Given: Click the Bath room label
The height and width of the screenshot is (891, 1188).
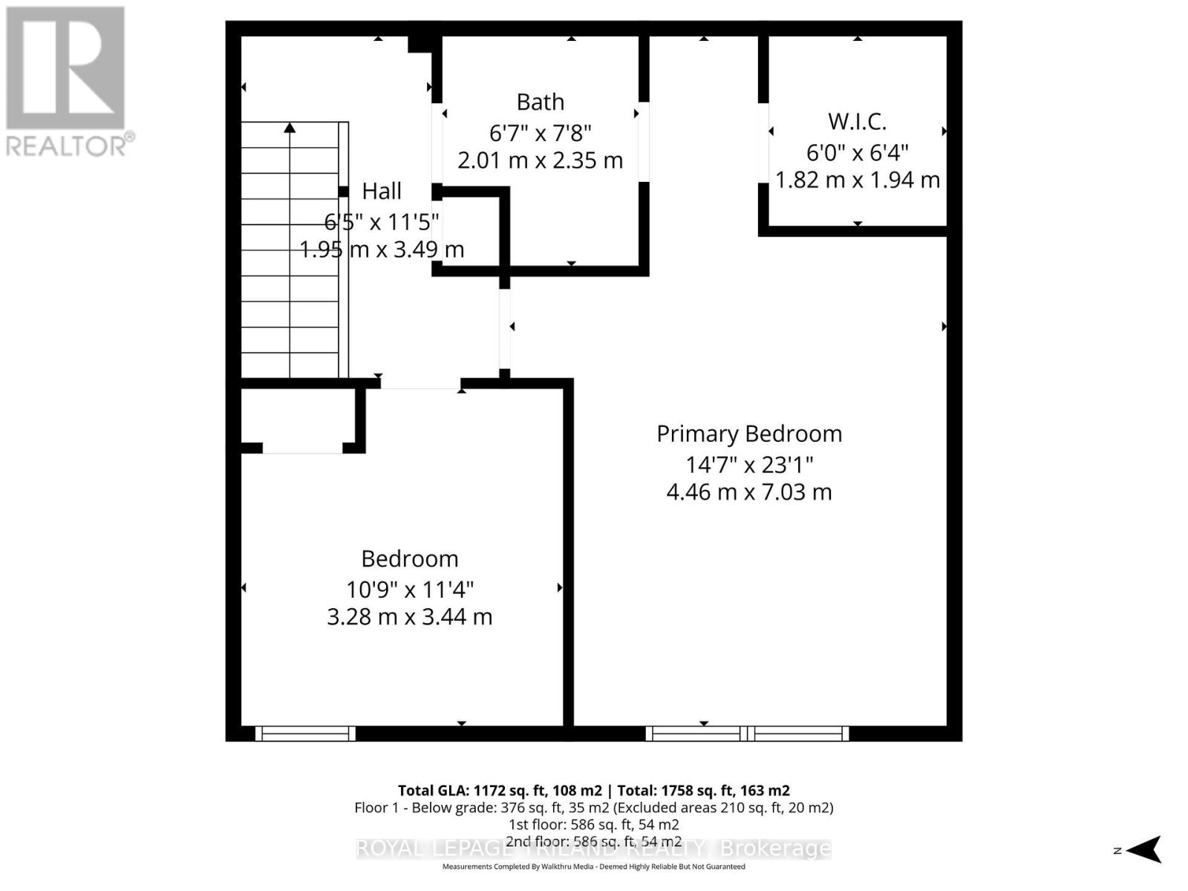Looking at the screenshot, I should click(x=540, y=102).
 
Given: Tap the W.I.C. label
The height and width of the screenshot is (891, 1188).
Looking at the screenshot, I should click(x=857, y=121).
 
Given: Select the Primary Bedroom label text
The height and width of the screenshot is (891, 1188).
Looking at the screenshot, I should click(x=749, y=434).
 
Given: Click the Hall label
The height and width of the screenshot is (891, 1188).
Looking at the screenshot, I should click(x=382, y=191).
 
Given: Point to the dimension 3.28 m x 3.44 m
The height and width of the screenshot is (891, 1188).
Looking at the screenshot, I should click(x=409, y=617).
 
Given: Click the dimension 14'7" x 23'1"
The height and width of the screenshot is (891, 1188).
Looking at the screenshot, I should click(x=749, y=465).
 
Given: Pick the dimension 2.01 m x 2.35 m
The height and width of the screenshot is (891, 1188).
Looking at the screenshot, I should click(x=540, y=160).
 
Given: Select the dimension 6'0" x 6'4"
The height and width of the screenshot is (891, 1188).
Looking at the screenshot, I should click(x=857, y=152).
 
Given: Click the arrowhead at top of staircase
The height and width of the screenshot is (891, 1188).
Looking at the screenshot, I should click(x=290, y=128).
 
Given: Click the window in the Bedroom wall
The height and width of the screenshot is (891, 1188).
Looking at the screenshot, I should click(x=305, y=734).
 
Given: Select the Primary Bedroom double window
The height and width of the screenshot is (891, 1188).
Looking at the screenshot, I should click(x=747, y=734).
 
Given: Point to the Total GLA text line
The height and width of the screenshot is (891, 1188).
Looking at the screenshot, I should click(x=593, y=791).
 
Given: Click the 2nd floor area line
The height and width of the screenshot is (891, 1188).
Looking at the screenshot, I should click(x=593, y=841).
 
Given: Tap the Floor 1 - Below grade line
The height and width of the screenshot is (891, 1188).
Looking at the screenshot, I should click(x=593, y=808).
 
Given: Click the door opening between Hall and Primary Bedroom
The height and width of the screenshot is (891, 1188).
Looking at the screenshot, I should click(x=505, y=327).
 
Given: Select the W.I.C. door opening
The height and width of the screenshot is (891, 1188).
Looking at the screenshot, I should click(x=763, y=143).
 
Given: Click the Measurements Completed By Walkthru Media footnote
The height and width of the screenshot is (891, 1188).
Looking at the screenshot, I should click(x=593, y=866).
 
